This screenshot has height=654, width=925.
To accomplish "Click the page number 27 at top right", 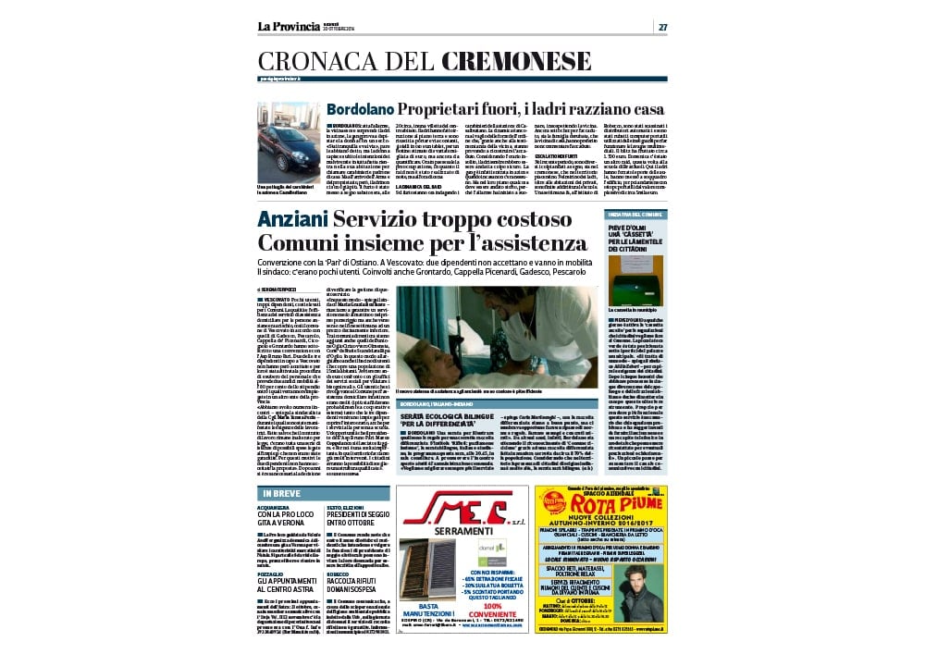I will pyautogui.click(x=662, y=27).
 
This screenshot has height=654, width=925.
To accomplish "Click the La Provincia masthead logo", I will pyautogui.click(x=290, y=27).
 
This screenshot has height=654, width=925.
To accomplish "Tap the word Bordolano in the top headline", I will pyautogui.click(x=362, y=109).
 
